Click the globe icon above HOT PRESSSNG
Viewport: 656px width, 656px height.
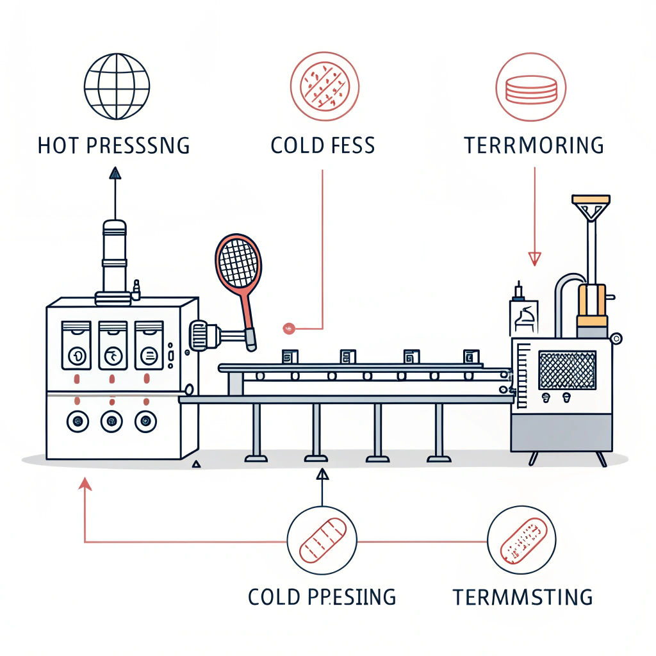click(x=117, y=86)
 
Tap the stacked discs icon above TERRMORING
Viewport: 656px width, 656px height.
click(x=531, y=87)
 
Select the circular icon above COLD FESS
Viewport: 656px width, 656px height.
click(x=323, y=86)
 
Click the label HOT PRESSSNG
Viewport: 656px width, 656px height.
click(x=113, y=145)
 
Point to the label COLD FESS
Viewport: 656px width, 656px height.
click(x=323, y=145)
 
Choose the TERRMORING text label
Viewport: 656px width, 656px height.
click(x=534, y=145)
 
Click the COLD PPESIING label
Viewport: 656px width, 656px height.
click(x=322, y=597)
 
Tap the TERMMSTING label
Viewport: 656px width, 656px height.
click(x=522, y=597)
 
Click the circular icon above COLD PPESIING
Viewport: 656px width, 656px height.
click(x=322, y=541)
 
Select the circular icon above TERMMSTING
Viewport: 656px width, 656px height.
click(x=521, y=539)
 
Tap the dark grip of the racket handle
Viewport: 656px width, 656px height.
click(x=250, y=339)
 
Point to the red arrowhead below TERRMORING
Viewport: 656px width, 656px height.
click(x=534, y=258)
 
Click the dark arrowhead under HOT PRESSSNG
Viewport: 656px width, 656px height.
click(x=115, y=172)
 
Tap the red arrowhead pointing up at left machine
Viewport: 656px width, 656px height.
click(x=85, y=484)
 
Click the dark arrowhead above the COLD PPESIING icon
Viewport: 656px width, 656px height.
click(x=322, y=474)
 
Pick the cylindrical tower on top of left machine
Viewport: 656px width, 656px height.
click(x=115, y=256)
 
